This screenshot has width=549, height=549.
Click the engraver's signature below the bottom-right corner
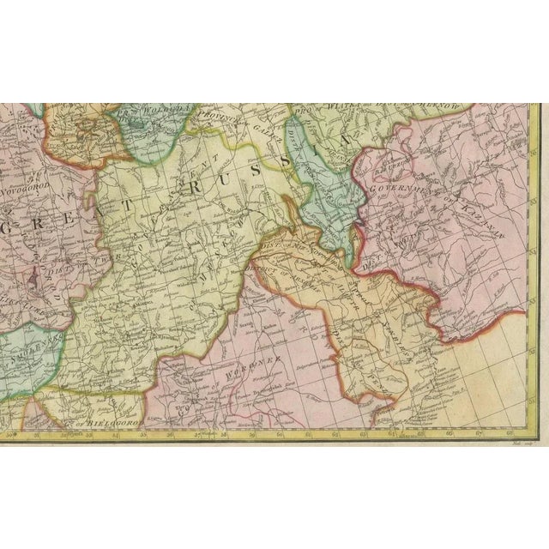point(517,443)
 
